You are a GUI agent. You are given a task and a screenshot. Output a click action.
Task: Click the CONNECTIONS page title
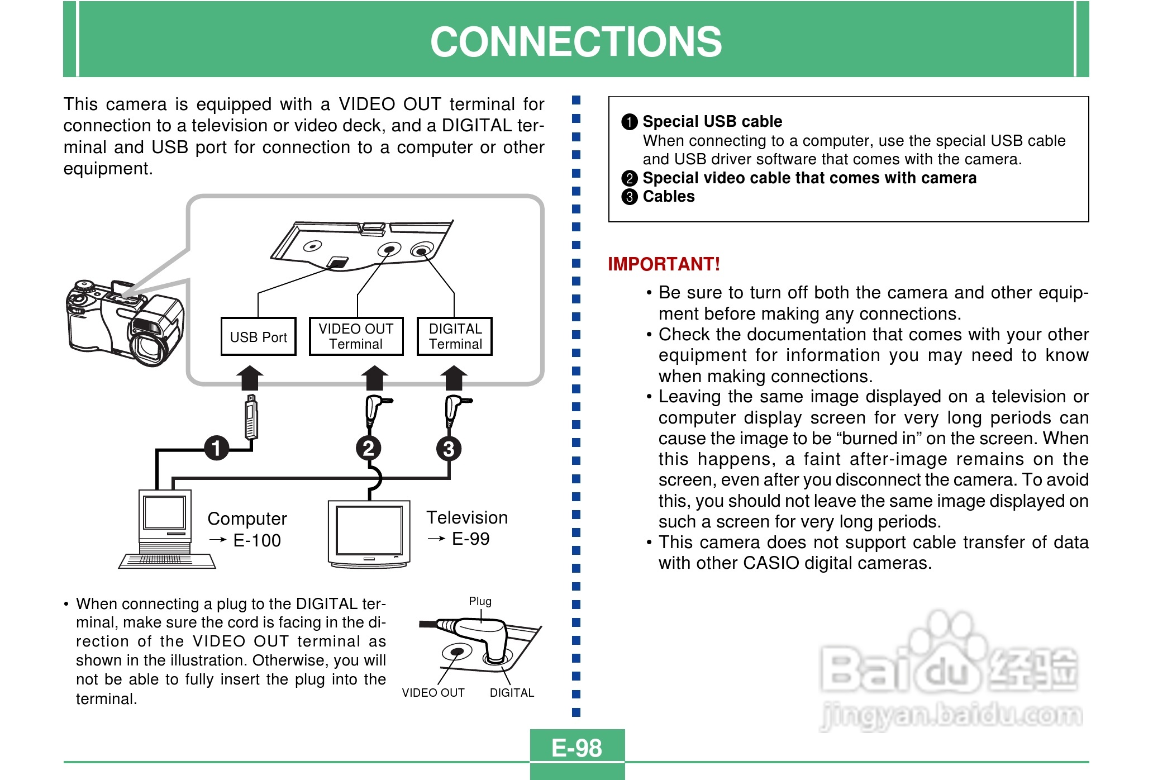point(576,42)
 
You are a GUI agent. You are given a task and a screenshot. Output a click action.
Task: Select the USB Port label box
point(258,337)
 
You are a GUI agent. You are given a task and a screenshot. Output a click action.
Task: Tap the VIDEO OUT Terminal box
point(356,336)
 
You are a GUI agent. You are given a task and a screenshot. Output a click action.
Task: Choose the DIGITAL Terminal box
point(455,336)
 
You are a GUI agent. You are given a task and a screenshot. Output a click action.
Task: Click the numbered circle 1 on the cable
point(216,448)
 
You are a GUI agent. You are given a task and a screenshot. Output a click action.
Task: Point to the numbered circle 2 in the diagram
point(369,449)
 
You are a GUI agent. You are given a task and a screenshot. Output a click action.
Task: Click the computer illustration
point(166,529)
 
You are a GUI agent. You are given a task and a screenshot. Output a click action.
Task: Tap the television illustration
point(369,534)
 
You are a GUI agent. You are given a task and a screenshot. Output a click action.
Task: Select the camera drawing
point(125,324)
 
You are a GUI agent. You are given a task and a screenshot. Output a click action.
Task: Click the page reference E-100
point(257,541)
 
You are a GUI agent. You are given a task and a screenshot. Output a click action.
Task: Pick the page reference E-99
point(470,539)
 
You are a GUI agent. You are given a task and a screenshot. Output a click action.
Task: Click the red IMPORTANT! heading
point(664,264)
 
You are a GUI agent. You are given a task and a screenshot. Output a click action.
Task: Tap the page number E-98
point(576,748)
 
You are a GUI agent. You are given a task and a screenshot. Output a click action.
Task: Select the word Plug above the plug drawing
point(480,602)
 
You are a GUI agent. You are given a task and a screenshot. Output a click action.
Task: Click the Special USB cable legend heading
point(712,122)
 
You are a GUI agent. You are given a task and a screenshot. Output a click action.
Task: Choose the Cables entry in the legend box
point(668,197)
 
